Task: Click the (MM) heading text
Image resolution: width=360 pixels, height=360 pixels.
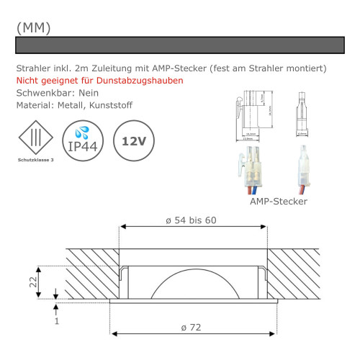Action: point(33,27)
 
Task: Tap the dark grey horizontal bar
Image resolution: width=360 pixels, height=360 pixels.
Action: point(180,45)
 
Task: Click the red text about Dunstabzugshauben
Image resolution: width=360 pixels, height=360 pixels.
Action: point(99,80)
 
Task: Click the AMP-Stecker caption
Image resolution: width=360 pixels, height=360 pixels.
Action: point(279,202)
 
